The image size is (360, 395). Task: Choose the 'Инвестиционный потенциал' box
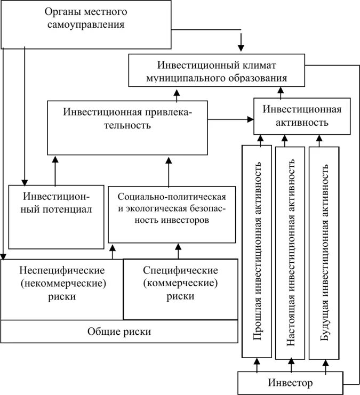click(x=55, y=216)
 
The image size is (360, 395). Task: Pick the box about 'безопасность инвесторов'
click(x=170, y=214)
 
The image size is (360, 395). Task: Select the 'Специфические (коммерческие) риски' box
click(x=180, y=288)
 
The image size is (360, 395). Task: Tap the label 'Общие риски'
click(x=119, y=332)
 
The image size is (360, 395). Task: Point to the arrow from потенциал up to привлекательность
click(x=55, y=170)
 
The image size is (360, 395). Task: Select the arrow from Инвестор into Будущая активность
click(x=324, y=366)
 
